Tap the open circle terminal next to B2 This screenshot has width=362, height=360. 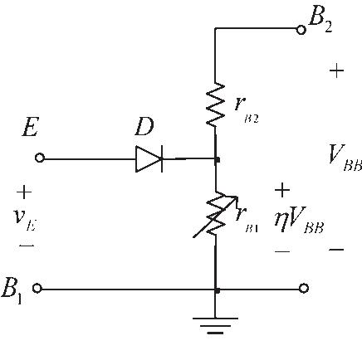coord(302,28)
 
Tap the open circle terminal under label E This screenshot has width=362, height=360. coord(38,158)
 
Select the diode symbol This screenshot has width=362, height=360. coord(149,158)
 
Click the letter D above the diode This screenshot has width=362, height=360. coord(145,129)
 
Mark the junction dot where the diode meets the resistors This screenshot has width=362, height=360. coord(216,158)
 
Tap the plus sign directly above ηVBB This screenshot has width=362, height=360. coord(282,190)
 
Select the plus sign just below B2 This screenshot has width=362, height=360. coord(336,71)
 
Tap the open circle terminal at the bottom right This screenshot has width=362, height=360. coord(304,289)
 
